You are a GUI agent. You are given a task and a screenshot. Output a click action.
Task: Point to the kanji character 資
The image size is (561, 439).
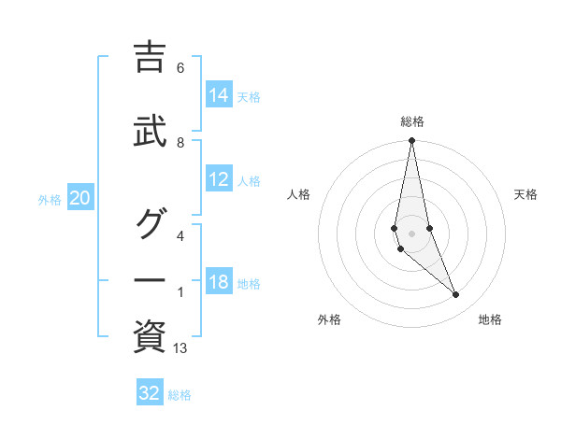[x=150, y=334]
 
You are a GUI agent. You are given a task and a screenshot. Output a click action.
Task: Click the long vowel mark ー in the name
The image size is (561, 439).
[x=150, y=279]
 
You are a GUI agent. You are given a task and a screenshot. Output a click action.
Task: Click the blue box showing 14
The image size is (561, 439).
[x=219, y=95]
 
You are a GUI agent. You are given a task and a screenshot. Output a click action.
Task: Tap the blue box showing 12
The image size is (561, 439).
[x=219, y=180]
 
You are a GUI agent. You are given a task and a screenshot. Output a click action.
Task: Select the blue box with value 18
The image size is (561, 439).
[x=219, y=283]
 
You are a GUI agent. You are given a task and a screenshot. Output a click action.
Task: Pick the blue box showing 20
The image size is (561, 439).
[x=80, y=198]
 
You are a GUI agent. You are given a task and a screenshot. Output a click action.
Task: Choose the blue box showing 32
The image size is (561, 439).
[x=150, y=393]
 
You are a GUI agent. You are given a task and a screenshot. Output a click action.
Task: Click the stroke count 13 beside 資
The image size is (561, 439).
[x=181, y=348]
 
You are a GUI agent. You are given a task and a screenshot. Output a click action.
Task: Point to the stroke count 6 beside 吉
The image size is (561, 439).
[x=180, y=67]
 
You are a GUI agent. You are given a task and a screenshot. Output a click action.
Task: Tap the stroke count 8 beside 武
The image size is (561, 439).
[x=180, y=142]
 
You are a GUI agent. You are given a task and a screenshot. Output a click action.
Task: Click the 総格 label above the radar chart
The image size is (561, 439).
[x=412, y=121]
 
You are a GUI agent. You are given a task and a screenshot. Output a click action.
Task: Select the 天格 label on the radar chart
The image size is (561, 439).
[x=526, y=194]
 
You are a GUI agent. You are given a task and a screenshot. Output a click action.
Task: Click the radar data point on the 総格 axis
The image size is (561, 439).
[x=412, y=141]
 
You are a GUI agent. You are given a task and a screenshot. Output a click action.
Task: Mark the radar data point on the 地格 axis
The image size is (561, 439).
[x=456, y=295]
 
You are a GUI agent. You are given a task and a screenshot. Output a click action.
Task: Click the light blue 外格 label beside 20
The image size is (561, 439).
[x=50, y=199]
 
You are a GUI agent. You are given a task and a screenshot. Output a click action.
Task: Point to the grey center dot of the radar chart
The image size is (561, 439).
[x=412, y=234]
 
